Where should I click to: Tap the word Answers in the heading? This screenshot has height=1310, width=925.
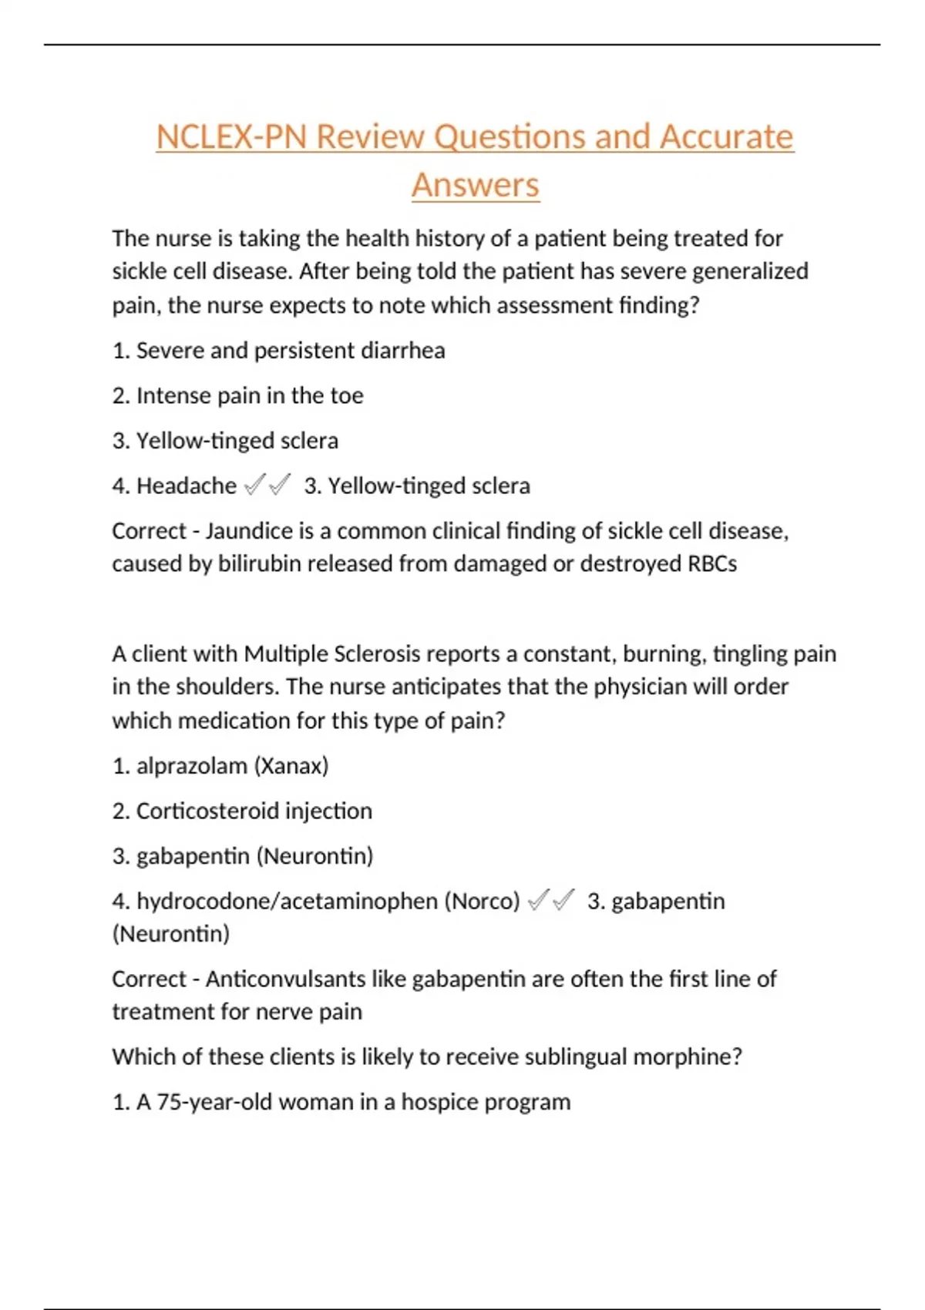475,186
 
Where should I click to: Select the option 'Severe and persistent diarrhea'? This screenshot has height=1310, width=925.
278,351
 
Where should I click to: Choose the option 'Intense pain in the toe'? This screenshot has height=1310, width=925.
237,396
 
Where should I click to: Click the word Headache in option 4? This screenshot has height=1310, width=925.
186,486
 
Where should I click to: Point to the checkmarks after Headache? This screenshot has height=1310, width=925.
267,485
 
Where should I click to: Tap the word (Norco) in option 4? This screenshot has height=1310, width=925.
482,902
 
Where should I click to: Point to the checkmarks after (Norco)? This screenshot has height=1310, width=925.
551,900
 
